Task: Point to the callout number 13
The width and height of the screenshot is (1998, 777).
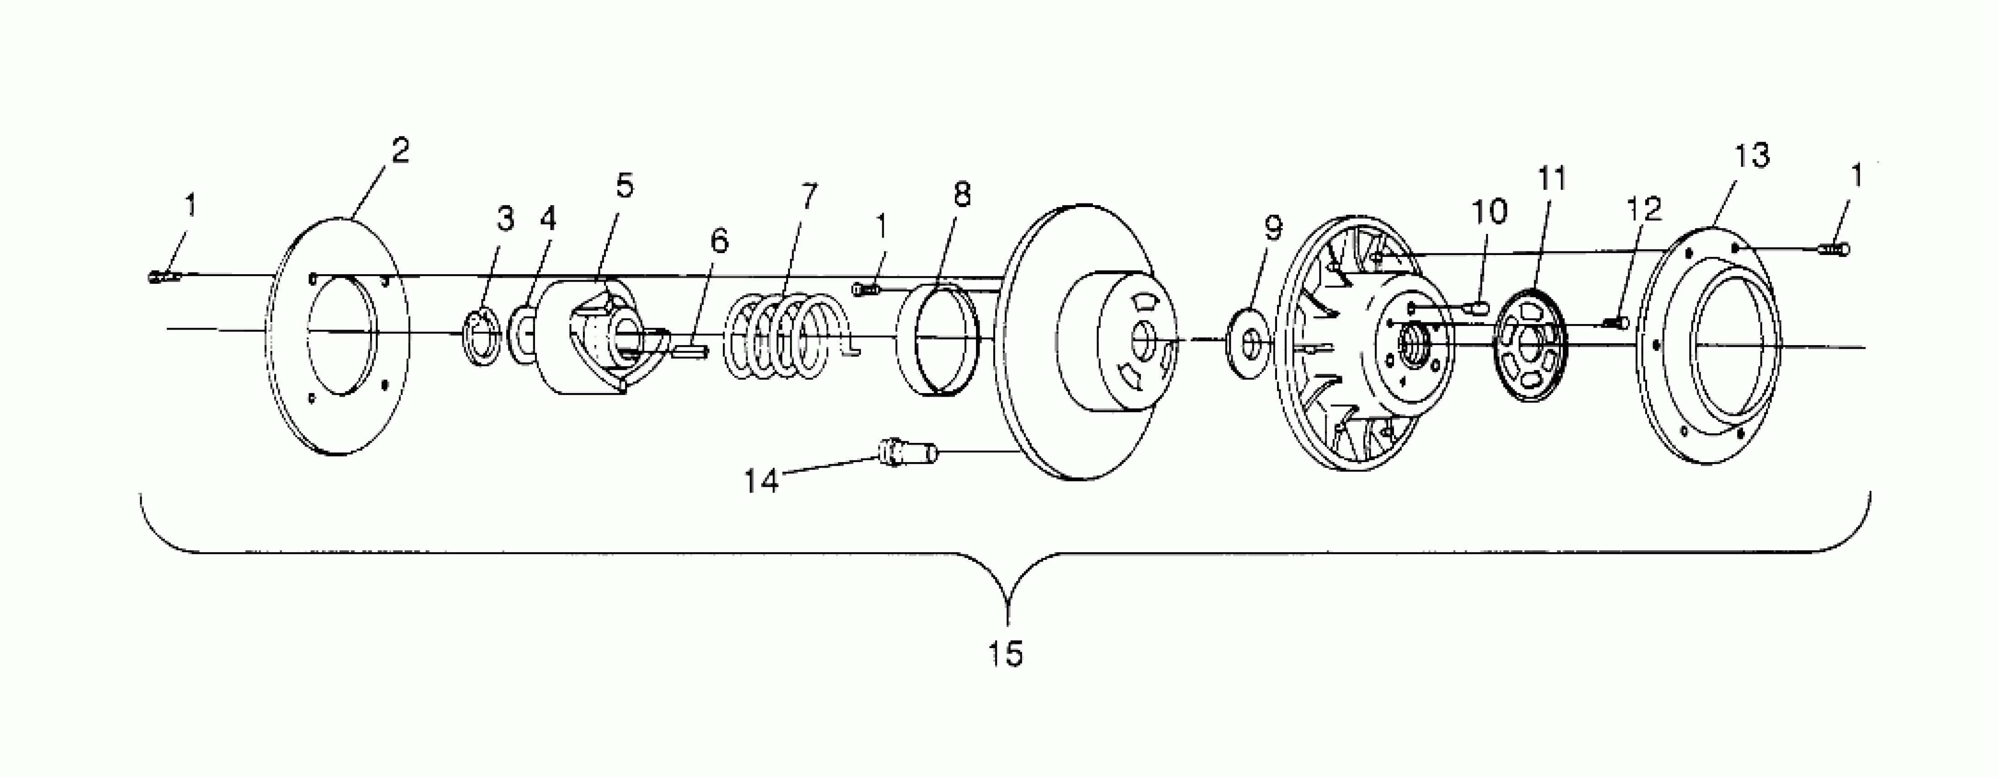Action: (x=1751, y=156)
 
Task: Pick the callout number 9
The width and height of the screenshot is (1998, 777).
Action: (x=1273, y=228)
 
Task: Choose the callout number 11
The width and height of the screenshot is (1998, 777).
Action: (x=1551, y=179)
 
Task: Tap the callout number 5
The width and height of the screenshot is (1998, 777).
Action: (x=625, y=186)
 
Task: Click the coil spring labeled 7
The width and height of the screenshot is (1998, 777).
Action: (x=779, y=336)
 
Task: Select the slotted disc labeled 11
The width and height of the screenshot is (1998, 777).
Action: (x=1530, y=345)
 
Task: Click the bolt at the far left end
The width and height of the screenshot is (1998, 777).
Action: (x=163, y=276)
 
